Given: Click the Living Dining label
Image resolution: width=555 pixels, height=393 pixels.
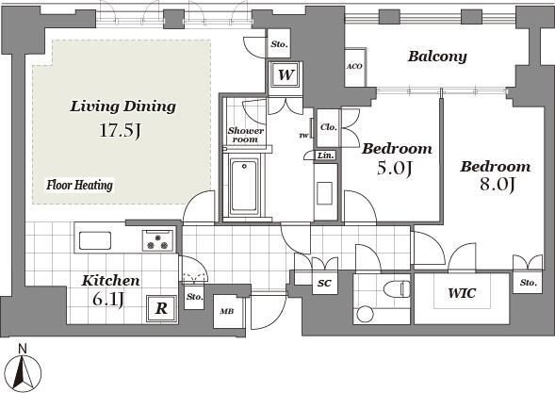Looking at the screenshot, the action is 122,106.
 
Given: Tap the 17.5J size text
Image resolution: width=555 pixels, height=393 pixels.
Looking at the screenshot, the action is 120,130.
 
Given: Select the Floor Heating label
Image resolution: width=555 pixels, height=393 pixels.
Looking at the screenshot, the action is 80,185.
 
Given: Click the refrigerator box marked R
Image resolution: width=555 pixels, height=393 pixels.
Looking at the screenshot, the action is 162,309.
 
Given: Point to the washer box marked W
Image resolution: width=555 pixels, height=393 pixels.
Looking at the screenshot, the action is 286,74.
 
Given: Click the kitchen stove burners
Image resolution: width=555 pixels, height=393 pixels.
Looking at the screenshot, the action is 158,240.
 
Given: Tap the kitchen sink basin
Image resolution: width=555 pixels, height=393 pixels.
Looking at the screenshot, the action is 95,240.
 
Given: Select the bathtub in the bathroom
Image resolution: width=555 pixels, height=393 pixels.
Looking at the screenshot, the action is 244,187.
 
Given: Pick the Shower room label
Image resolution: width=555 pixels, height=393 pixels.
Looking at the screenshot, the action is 245,135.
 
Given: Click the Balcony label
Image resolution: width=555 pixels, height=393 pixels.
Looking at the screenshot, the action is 437,57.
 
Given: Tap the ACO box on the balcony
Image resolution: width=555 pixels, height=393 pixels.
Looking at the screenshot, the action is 355,67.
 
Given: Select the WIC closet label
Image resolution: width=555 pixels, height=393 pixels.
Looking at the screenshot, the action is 462,293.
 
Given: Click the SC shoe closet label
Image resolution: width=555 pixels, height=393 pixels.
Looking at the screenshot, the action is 324,283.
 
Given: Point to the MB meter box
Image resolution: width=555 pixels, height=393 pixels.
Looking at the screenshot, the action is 227,312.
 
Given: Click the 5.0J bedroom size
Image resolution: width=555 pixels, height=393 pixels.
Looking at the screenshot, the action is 395,168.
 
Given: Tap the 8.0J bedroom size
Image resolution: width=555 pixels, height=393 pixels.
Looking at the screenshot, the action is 497,184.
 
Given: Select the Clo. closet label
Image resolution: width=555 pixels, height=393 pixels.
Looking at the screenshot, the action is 329,126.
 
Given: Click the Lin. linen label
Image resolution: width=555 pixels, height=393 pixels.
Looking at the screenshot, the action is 326,156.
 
